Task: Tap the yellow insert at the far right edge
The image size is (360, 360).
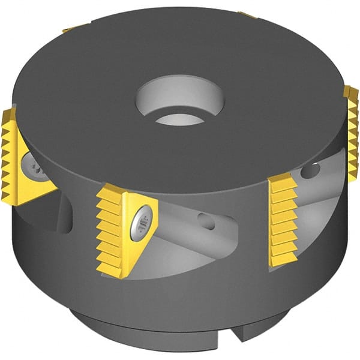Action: pyautogui.click(x=351, y=126)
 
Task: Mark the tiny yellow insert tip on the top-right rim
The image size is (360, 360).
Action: pyautogui.click(x=246, y=14)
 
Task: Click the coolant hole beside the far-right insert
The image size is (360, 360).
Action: pyautogui.click(x=310, y=172)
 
